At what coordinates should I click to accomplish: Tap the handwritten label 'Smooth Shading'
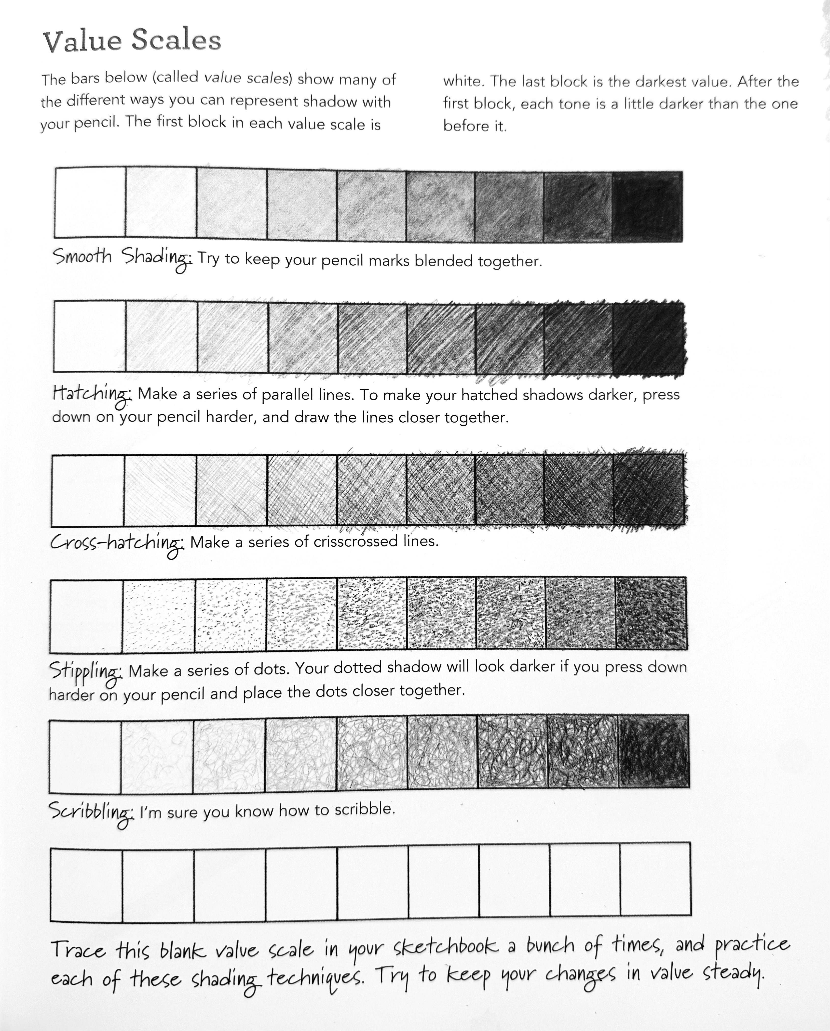click(x=122, y=258)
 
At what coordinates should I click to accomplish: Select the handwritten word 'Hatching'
click(x=91, y=395)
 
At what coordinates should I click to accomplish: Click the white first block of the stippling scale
click(x=86, y=617)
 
